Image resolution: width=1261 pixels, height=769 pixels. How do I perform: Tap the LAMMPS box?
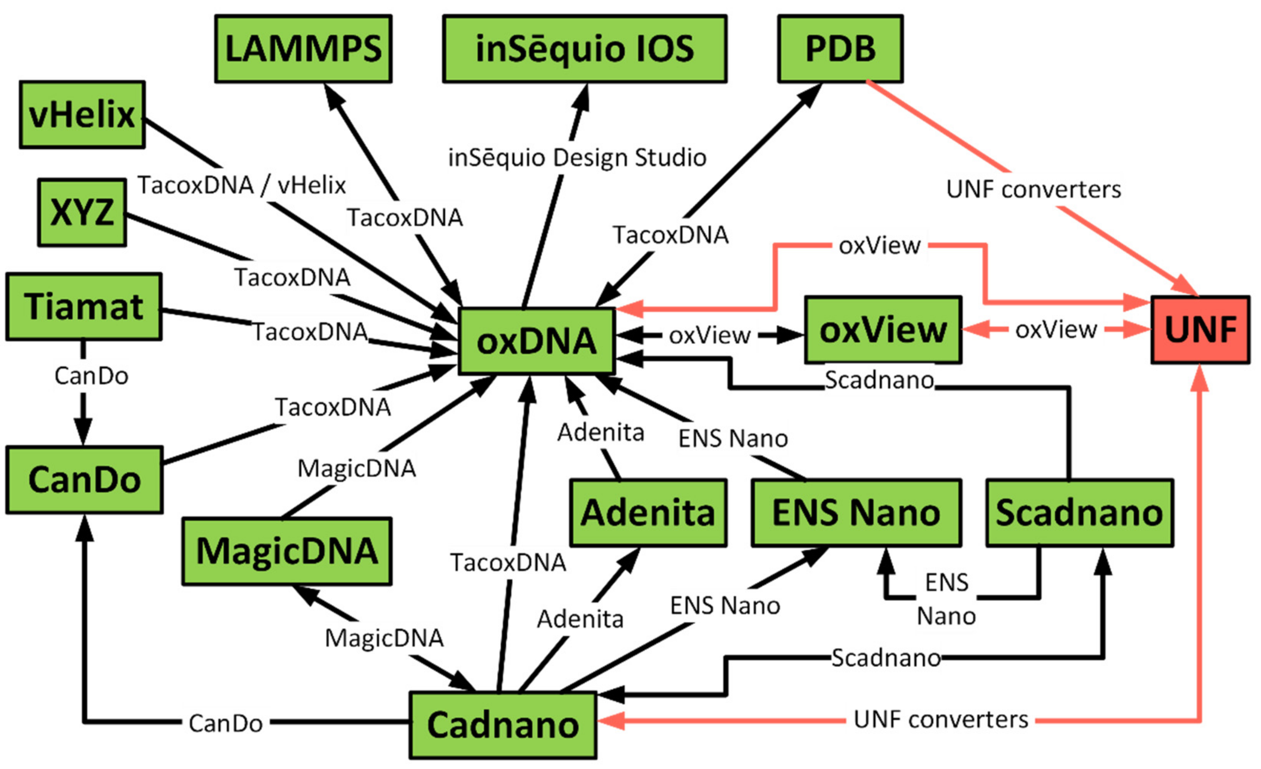click(x=303, y=48)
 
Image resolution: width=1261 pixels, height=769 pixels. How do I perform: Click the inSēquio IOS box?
click(x=584, y=48)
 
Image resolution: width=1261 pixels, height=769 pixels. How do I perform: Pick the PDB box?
click(x=840, y=48)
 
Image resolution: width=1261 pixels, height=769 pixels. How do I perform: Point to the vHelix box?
click(x=82, y=115)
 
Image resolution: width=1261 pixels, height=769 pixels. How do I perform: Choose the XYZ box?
click(x=82, y=212)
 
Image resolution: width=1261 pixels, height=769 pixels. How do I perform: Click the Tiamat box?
click(x=84, y=307)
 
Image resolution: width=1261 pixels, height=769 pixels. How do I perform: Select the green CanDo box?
click(x=84, y=479)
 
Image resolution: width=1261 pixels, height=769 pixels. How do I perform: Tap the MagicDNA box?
click(x=287, y=551)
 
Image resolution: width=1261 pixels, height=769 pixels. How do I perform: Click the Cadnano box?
click(x=503, y=725)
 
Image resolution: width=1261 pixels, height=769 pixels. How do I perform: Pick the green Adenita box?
click(x=648, y=513)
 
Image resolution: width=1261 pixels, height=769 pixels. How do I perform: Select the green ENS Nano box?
click(x=856, y=513)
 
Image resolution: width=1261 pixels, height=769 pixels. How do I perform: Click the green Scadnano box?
click(x=1079, y=513)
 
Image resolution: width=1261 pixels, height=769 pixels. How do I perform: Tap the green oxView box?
click(x=883, y=330)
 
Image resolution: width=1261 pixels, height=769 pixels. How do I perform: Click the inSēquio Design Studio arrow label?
click(x=577, y=158)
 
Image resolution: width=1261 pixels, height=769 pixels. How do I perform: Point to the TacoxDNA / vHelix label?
click(x=242, y=185)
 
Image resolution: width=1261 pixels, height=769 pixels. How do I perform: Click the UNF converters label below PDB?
click(x=1033, y=190)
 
